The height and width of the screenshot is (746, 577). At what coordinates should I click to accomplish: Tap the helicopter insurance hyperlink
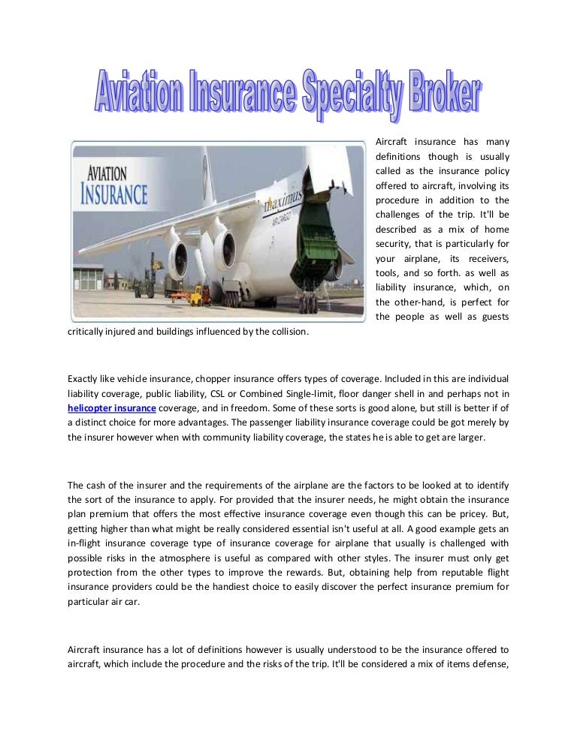pos(112,408)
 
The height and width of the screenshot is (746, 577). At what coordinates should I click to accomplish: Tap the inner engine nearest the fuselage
pos(225,249)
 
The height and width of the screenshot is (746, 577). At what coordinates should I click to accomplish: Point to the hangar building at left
pos(88,277)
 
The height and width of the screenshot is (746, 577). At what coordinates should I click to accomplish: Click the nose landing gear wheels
pos(309,305)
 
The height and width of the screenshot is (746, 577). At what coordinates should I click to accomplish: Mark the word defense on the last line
pos(489,663)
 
